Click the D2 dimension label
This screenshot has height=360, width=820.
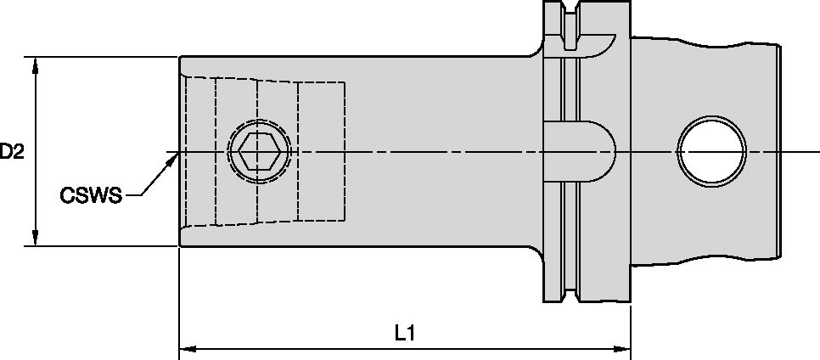point(12,153)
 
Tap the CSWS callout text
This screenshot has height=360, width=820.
point(91,196)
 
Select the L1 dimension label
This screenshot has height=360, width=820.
point(405,334)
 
